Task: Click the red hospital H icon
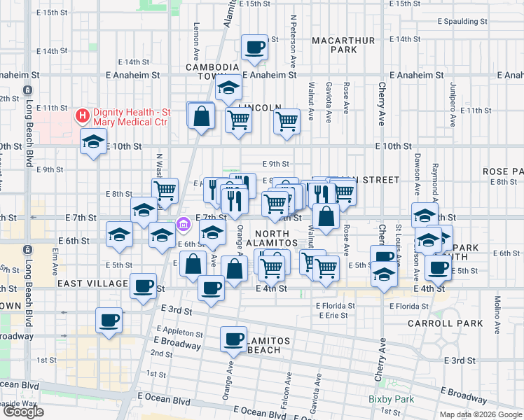(x=82, y=115)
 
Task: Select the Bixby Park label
(x=392, y=400)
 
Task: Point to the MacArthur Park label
(x=344, y=45)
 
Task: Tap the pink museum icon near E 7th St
(x=184, y=225)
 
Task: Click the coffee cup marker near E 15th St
(x=254, y=48)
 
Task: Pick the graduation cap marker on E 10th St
(x=92, y=142)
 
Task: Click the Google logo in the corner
(x=23, y=412)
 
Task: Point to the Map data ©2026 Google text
(x=480, y=414)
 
